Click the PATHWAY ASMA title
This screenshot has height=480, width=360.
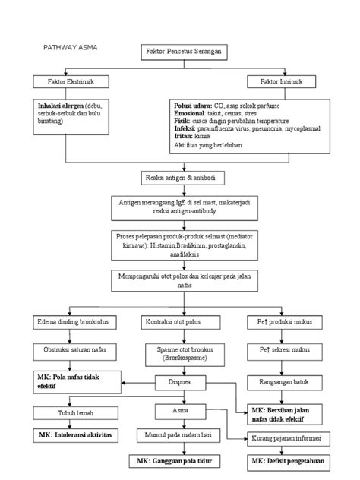[x=71, y=47]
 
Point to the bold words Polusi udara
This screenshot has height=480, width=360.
[x=192, y=106]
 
